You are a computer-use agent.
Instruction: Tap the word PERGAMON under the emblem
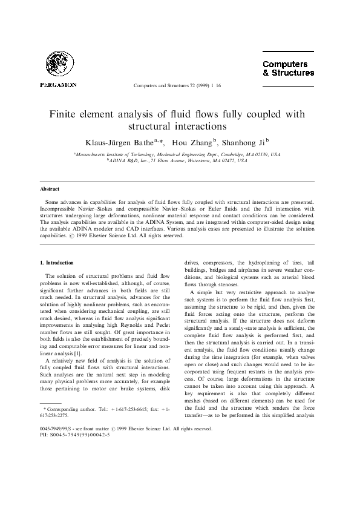pyautogui.click(x=58, y=85)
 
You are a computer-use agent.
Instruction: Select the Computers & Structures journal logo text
pyautogui.click(x=288, y=68)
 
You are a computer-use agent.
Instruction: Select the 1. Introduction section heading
pyautogui.click(x=57, y=263)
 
